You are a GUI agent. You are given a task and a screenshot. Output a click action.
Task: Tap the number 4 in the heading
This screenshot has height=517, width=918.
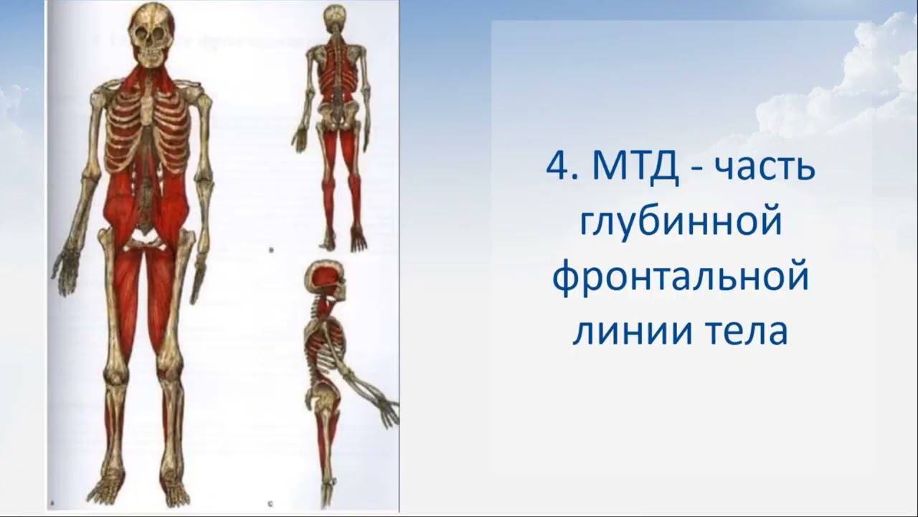pyautogui.click(x=557, y=169)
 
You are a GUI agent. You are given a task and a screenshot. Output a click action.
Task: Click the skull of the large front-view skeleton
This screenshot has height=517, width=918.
pyautogui.click(x=153, y=36)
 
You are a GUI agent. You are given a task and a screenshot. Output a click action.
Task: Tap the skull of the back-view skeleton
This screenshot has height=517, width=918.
pyautogui.click(x=334, y=19)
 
